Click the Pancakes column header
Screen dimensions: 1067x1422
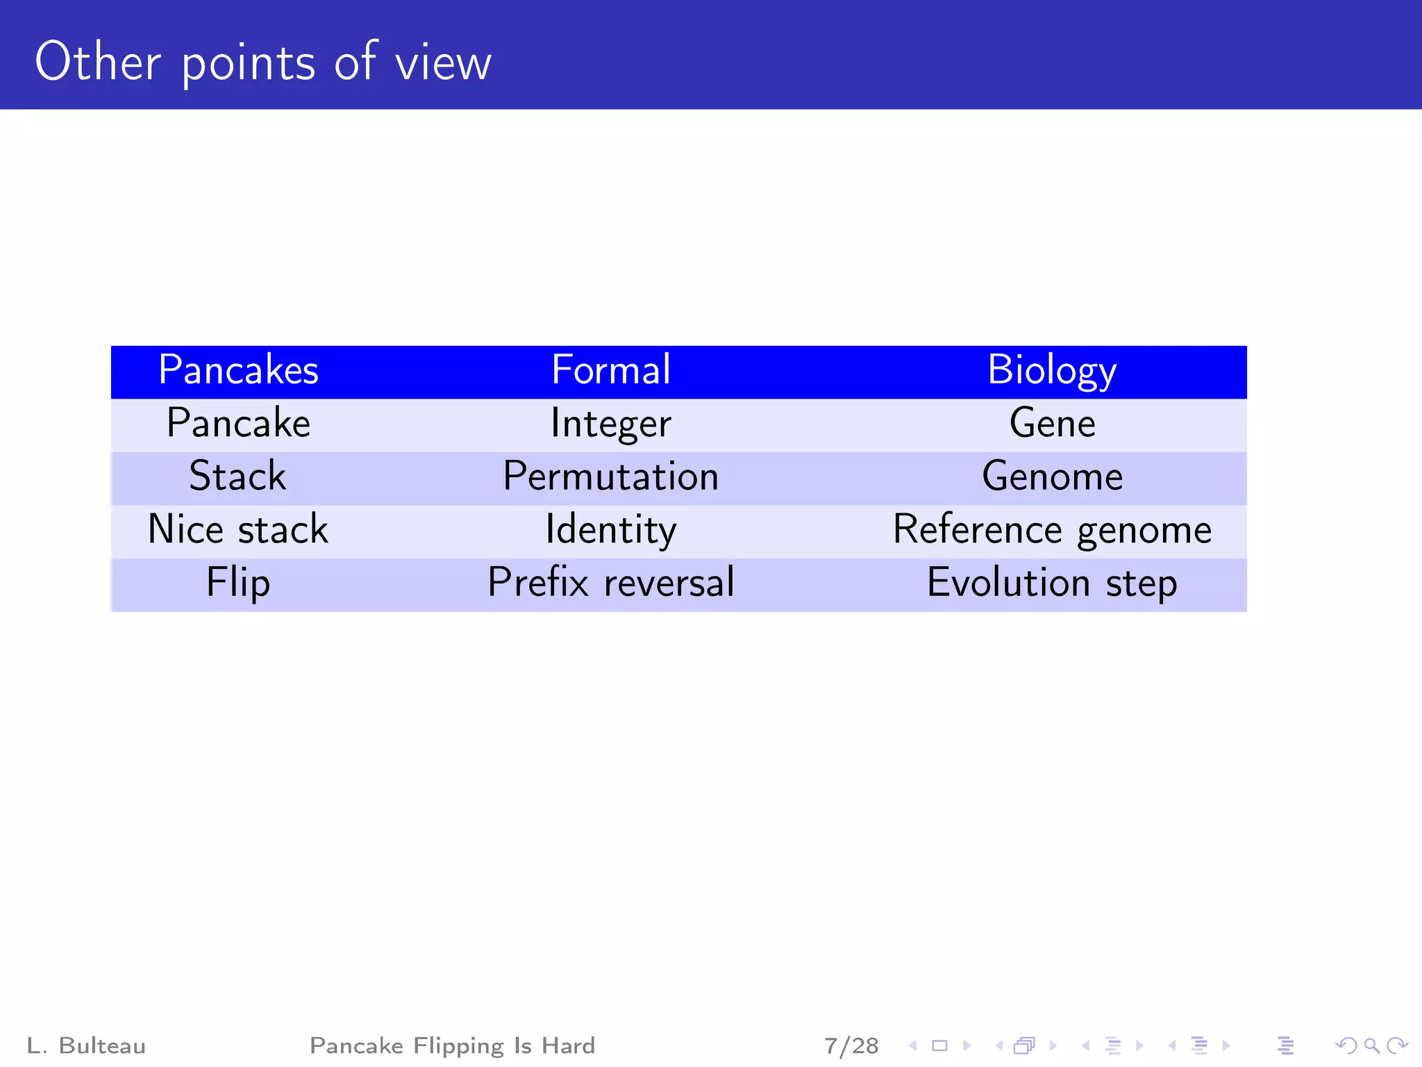tap(238, 370)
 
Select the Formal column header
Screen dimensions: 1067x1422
tap(611, 370)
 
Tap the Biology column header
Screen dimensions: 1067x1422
tap(1051, 370)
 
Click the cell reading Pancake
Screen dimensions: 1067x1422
tap(238, 424)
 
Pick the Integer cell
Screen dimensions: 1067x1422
tap(611, 424)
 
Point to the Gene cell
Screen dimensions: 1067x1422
tap(1052, 424)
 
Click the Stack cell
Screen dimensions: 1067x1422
tap(238, 477)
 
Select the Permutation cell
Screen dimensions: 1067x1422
tap(611, 477)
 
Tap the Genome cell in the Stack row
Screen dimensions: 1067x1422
tap(1052, 477)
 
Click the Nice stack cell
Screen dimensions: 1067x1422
tap(238, 530)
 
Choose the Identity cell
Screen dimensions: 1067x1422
tap(611, 530)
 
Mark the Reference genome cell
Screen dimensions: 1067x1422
tap(1052, 530)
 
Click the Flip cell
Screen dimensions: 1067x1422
tap(238, 583)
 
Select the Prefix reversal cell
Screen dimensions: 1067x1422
tap(611, 583)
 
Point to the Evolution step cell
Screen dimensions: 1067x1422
tap(1052, 583)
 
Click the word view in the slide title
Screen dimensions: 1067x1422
tap(443, 64)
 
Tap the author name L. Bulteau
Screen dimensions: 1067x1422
tap(86, 1045)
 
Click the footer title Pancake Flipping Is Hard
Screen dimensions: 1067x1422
tap(452, 1045)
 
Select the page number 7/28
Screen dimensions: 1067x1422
tap(851, 1045)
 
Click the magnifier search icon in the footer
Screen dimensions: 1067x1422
tap(1371, 1045)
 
